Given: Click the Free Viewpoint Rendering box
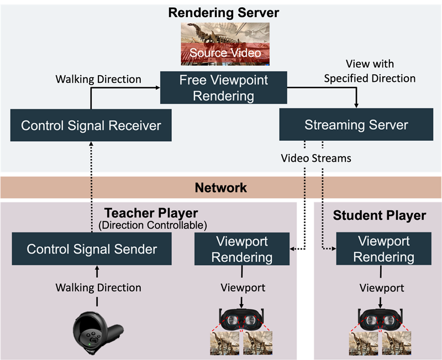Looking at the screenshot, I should click(223, 88).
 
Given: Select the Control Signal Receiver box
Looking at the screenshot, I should click(91, 125).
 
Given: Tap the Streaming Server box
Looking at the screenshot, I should click(356, 124).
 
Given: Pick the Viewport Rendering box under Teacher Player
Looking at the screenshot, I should click(241, 249).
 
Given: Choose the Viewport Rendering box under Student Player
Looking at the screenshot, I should click(383, 249).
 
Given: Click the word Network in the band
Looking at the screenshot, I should click(221, 188).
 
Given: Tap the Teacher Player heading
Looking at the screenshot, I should click(151, 213).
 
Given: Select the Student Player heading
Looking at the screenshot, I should click(380, 215).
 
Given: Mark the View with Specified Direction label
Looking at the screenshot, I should click(370, 71).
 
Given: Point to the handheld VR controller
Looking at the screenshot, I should click(97, 333).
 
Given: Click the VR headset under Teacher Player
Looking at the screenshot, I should click(241, 320).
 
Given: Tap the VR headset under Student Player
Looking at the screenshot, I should click(380, 320).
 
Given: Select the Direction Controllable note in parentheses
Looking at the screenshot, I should click(151, 225).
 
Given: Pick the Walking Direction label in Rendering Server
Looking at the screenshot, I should click(98, 79).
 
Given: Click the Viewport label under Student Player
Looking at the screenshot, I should click(382, 288).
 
